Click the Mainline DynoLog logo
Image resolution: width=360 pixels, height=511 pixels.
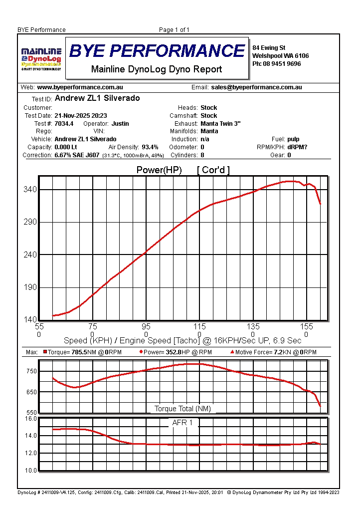click(41, 59)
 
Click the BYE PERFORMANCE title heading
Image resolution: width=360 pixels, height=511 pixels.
click(157, 51)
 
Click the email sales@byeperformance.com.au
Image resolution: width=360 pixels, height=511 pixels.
click(256, 87)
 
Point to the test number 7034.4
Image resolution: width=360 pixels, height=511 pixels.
click(64, 123)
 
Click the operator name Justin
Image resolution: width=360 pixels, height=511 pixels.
click(120, 123)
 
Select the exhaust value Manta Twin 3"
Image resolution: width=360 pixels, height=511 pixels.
click(220, 123)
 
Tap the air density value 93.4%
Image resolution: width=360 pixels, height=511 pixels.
click(150, 147)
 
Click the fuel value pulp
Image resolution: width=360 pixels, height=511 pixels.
click(294, 139)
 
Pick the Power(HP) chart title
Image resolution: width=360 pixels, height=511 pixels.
click(159, 170)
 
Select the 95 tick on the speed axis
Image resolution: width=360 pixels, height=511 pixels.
click(146, 327)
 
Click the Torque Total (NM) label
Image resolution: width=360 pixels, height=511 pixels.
click(182, 409)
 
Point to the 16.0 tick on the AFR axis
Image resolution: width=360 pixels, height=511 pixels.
click(31, 419)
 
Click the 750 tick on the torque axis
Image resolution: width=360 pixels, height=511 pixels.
click(31, 371)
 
